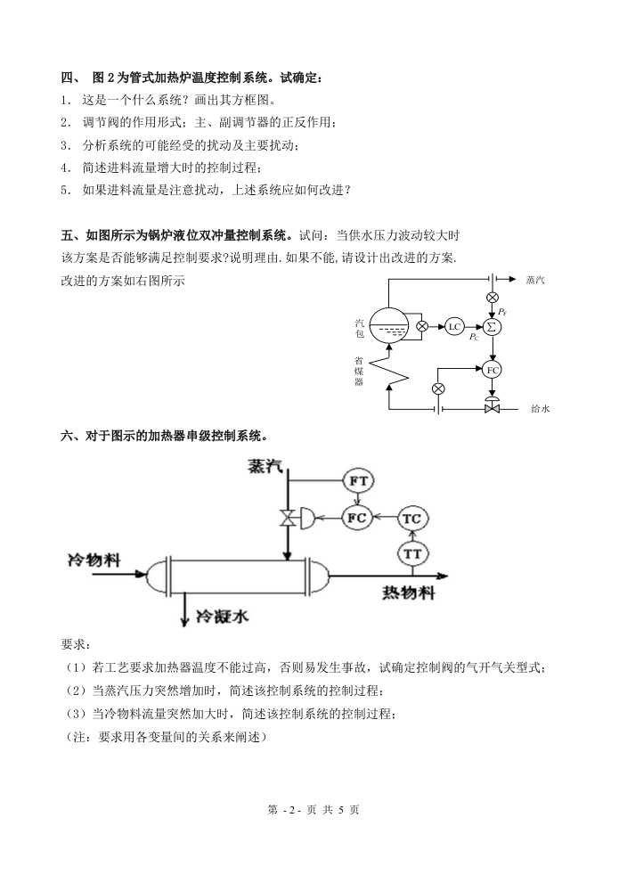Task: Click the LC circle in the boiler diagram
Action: [455, 326]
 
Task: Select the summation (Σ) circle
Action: [492, 326]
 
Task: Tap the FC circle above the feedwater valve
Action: [492, 370]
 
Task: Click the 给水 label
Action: [540, 409]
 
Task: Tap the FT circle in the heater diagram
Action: [360, 481]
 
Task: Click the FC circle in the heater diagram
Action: [360, 518]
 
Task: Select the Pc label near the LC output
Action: [474, 339]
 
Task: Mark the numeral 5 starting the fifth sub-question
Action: [65, 189]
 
